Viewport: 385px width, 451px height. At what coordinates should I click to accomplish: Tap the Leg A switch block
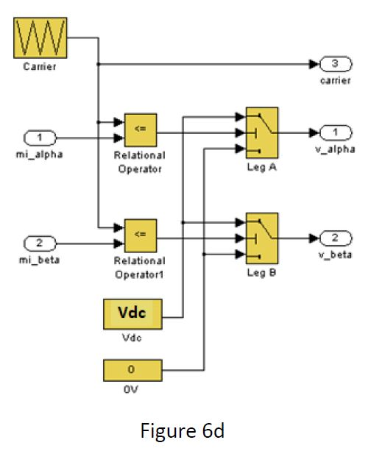[261, 132]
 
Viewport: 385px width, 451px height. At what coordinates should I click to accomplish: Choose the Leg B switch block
[261, 238]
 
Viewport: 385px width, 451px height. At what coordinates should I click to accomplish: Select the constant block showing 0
[133, 369]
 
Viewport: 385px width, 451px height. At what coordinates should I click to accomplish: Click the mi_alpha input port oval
[41, 138]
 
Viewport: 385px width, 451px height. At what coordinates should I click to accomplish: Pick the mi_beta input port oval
[41, 244]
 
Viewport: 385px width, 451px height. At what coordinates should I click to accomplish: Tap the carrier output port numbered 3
[335, 63]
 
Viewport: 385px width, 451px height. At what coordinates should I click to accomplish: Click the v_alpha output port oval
[335, 132]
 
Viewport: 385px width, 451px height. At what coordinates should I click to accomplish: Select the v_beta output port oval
[335, 238]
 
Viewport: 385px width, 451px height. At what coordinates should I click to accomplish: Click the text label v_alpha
[335, 149]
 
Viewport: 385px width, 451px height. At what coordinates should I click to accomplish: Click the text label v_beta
[335, 255]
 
